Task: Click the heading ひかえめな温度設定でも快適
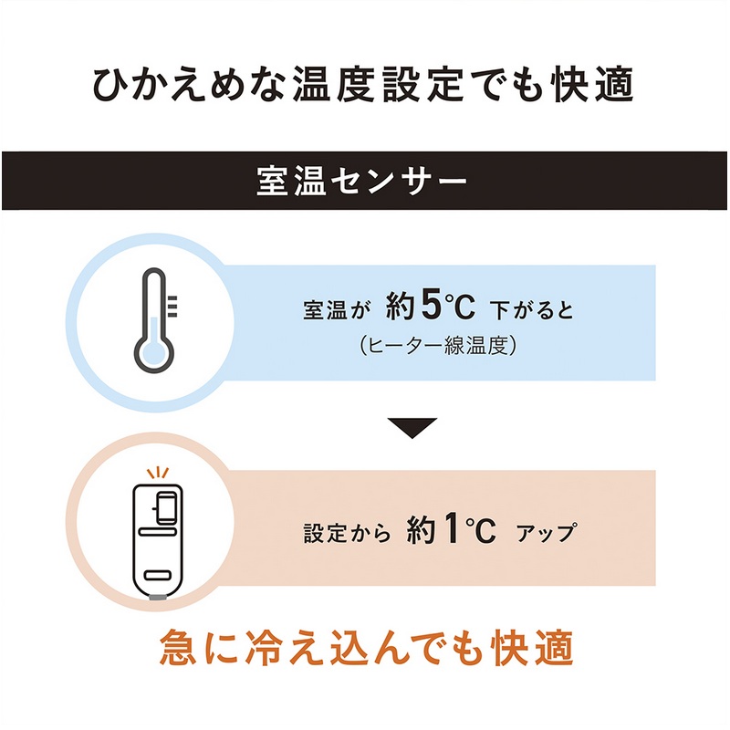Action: (x=364, y=85)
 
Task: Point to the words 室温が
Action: (x=337, y=311)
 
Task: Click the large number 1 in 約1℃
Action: (x=448, y=531)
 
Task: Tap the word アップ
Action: (x=547, y=533)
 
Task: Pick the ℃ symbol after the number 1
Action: (x=474, y=532)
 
